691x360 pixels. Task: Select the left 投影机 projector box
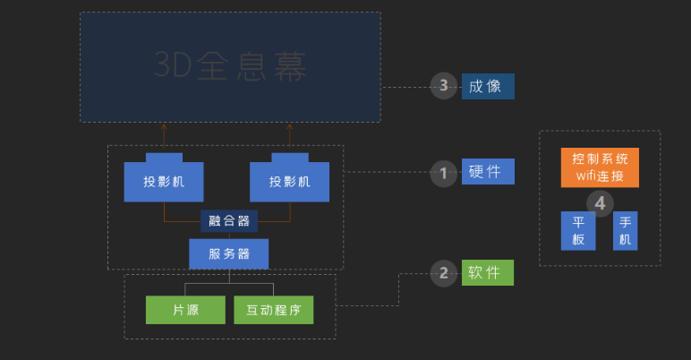(164, 181)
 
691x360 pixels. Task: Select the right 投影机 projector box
(290, 181)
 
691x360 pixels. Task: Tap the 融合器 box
(229, 221)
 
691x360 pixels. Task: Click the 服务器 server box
(228, 253)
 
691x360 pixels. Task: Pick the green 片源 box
(185, 310)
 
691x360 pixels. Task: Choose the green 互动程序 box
(274, 310)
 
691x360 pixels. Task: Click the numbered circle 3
(444, 86)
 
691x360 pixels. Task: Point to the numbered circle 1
(444, 172)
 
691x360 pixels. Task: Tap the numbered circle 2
(444, 273)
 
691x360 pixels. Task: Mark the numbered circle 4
(600, 204)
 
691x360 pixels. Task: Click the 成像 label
(488, 86)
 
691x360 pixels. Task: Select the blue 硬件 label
(488, 172)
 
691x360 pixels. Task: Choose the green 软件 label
(488, 273)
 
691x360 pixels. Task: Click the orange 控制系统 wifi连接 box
(600, 167)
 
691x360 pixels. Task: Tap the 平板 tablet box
(577, 231)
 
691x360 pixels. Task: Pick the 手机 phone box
(625, 231)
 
